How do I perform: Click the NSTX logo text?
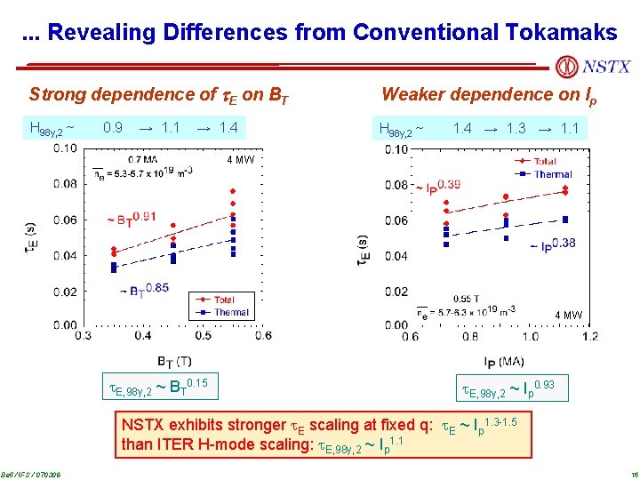pyautogui.click(x=606, y=67)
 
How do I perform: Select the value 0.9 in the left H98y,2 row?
pyautogui.click(x=113, y=128)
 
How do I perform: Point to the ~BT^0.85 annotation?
pyautogui.click(x=143, y=289)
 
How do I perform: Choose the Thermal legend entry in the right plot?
pyautogui.click(x=553, y=175)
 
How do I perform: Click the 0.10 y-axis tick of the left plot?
pyautogui.click(x=63, y=148)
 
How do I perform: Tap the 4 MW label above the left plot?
pyautogui.click(x=240, y=161)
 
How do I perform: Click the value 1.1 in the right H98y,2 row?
pyautogui.click(x=570, y=129)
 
